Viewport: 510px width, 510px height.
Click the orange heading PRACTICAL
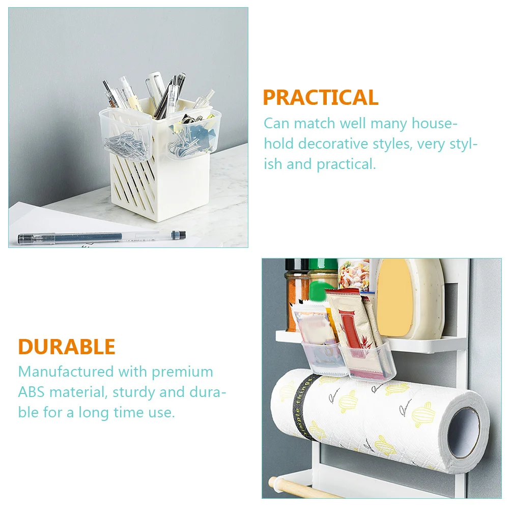pos(320,97)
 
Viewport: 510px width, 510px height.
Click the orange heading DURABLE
pos(67,347)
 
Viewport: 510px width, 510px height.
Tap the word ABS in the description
pos(31,392)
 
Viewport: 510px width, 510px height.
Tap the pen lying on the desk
pos(102,236)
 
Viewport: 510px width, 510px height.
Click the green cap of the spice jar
pos(323,265)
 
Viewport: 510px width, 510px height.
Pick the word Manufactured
pos(66,372)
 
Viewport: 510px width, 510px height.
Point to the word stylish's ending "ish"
pos(273,164)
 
